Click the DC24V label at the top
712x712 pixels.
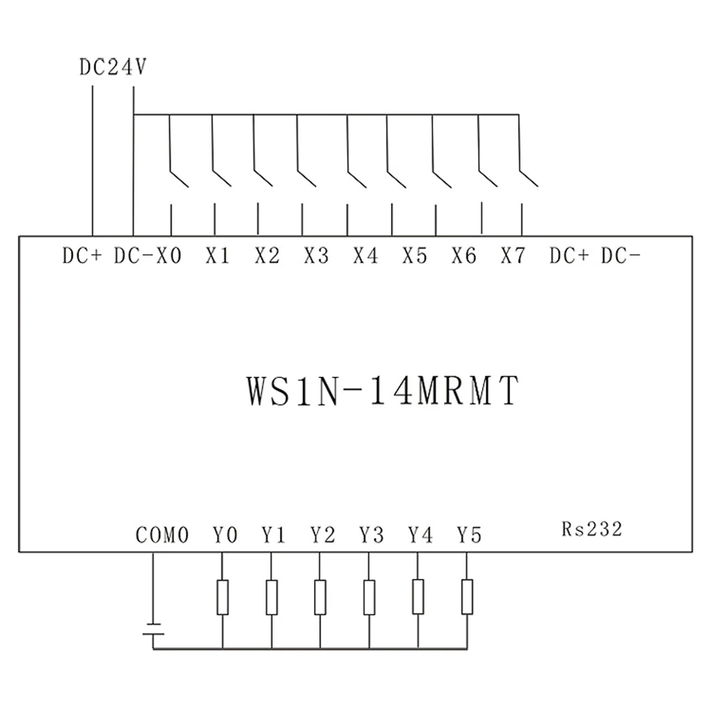(112, 69)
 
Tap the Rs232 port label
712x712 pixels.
(592, 528)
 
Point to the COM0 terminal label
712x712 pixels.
(162, 535)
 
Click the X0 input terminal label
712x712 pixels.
(168, 256)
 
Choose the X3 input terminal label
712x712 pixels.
(316, 256)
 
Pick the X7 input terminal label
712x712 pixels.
(513, 256)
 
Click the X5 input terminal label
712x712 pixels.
(414, 256)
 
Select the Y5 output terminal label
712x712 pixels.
(469, 535)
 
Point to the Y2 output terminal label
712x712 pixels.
(323, 535)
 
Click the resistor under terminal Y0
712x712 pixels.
(223, 597)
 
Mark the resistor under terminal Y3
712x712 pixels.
(369, 597)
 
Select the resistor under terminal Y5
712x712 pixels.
(467, 597)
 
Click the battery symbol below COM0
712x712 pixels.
(153, 629)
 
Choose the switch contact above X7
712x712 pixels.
(530, 176)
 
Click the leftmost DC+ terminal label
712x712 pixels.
(83, 256)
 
